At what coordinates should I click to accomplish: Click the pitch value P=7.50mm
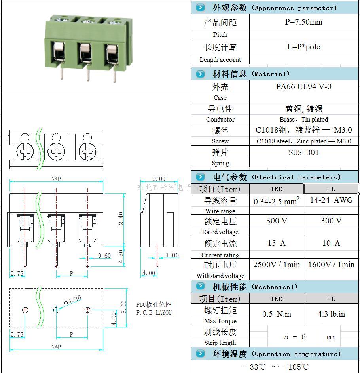tap(303, 22)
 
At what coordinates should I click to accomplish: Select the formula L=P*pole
tap(303, 47)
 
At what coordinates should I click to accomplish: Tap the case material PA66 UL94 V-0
tap(303, 87)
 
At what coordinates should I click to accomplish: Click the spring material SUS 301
tap(303, 152)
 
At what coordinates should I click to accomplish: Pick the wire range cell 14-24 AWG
tap(331, 200)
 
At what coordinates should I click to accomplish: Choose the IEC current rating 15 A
tap(276, 243)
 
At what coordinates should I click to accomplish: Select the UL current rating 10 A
tap(331, 243)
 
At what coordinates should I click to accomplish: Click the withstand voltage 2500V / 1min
tap(276, 265)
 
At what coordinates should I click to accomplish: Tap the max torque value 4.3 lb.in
tap(331, 314)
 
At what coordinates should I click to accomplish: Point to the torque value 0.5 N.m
tap(276, 314)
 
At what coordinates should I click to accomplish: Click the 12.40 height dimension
tap(121, 219)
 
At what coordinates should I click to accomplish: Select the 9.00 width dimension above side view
tap(159, 179)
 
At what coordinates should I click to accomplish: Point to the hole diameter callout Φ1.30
tap(72, 300)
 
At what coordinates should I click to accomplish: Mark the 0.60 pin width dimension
tap(104, 256)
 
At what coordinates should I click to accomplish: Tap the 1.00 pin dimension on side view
tap(172, 255)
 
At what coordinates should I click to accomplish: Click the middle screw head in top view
tap(56, 151)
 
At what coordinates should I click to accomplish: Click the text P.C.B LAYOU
tap(154, 313)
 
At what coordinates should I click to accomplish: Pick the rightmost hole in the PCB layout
tap(87, 310)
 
